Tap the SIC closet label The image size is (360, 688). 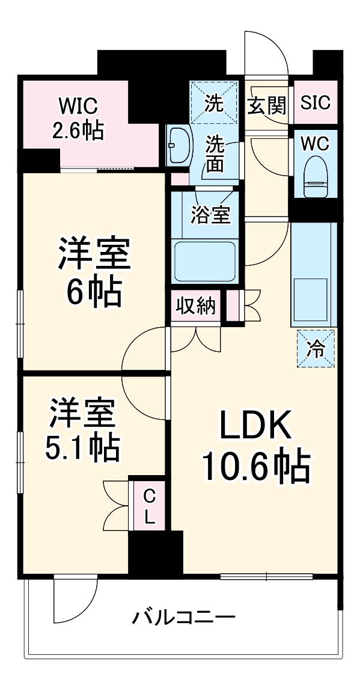[315, 103]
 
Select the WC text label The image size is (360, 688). [315, 144]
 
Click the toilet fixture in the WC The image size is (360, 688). [315, 176]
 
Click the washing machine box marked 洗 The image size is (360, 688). [214, 103]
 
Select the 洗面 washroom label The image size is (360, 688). [215, 153]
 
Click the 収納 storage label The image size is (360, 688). [195, 307]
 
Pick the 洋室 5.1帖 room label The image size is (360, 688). [83, 429]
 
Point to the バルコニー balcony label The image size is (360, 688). [184, 616]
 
